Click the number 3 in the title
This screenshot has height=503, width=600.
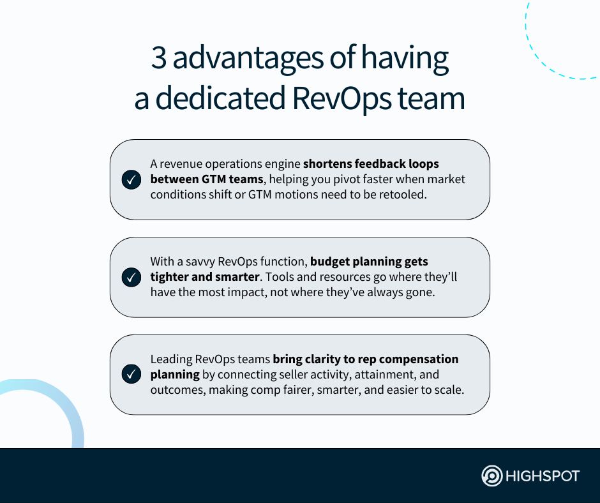pos(158,59)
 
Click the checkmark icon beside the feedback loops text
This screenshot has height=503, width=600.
pos(131,180)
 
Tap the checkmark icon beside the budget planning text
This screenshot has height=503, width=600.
pos(131,278)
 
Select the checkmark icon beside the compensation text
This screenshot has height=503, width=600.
pos(131,375)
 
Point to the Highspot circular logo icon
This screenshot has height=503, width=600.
pos(492,476)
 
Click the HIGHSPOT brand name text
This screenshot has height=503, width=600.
pos(543,476)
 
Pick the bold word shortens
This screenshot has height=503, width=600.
pos(330,164)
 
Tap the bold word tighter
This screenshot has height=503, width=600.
pos(170,277)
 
